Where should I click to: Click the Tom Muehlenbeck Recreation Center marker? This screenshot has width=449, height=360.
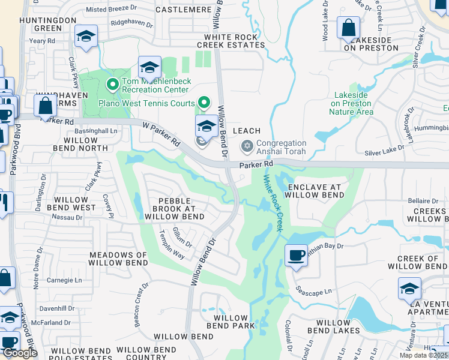(111, 84)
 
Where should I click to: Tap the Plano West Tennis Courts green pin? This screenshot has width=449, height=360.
(205, 103)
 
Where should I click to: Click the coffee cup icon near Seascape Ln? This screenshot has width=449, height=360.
(296, 254)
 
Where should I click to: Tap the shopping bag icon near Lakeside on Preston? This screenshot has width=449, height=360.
(348, 28)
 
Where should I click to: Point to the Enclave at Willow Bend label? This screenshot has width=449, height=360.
(315, 191)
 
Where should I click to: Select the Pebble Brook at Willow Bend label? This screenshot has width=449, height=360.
(173, 208)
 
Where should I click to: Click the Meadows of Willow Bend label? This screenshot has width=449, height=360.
(118, 259)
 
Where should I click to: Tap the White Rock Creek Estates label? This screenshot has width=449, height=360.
(231, 41)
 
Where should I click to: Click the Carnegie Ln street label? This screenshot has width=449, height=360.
(64, 280)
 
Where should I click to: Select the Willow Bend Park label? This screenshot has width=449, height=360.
(231, 322)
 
